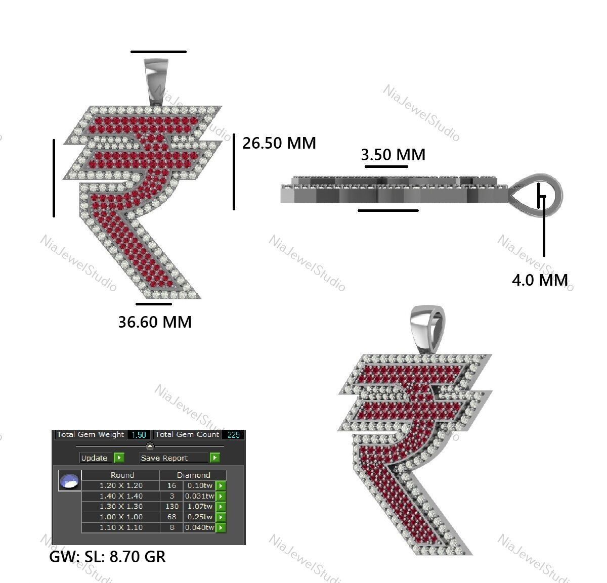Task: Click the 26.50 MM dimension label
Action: click(x=279, y=143)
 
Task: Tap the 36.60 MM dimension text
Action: click(x=155, y=322)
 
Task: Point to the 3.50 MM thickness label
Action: click(x=393, y=154)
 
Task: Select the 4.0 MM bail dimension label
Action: click(x=540, y=280)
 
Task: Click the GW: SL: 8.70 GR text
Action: click(x=107, y=557)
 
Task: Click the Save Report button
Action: click(x=174, y=458)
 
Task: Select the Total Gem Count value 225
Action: click(x=233, y=435)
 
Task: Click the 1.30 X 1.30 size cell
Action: click(x=121, y=506)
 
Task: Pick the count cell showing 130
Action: click(x=171, y=506)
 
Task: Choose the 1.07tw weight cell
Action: click(x=199, y=506)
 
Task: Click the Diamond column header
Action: click(x=193, y=475)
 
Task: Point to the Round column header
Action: click(x=122, y=475)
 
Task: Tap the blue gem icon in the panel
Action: click(x=70, y=480)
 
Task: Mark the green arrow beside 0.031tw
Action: click(x=221, y=496)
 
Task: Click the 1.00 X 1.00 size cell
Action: click(x=121, y=517)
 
